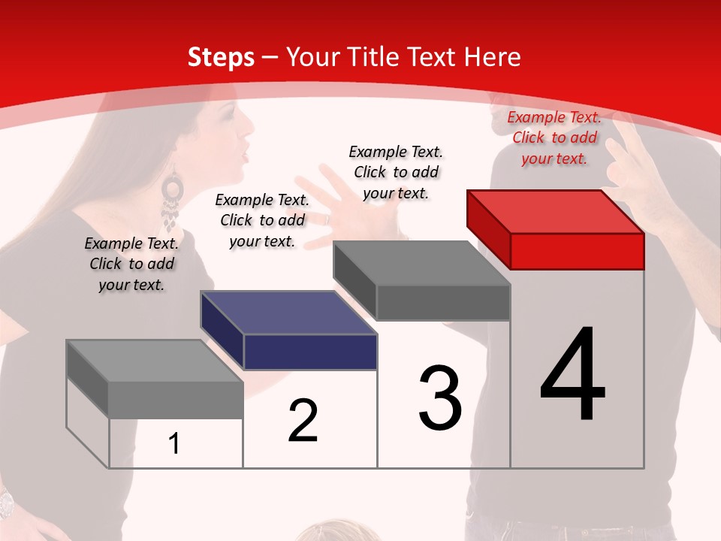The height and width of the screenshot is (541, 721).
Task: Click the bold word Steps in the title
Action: tap(221, 57)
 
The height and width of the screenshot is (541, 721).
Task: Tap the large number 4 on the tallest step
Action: tap(572, 375)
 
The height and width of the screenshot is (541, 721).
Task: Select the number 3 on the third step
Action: tap(439, 397)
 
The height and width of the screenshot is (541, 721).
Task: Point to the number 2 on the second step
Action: tap(303, 421)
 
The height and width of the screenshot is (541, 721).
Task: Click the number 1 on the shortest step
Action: tap(174, 443)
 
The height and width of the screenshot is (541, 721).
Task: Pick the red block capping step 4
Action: tap(556, 229)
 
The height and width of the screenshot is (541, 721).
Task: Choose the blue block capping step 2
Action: tap(289, 331)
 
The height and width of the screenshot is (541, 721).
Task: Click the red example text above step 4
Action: tap(554, 138)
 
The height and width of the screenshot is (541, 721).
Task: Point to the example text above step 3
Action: tap(396, 172)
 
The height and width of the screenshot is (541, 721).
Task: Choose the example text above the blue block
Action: tap(262, 220)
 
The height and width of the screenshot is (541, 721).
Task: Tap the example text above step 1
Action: tap(131, 264)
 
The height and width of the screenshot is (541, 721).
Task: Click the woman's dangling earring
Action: tap(172, 199)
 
